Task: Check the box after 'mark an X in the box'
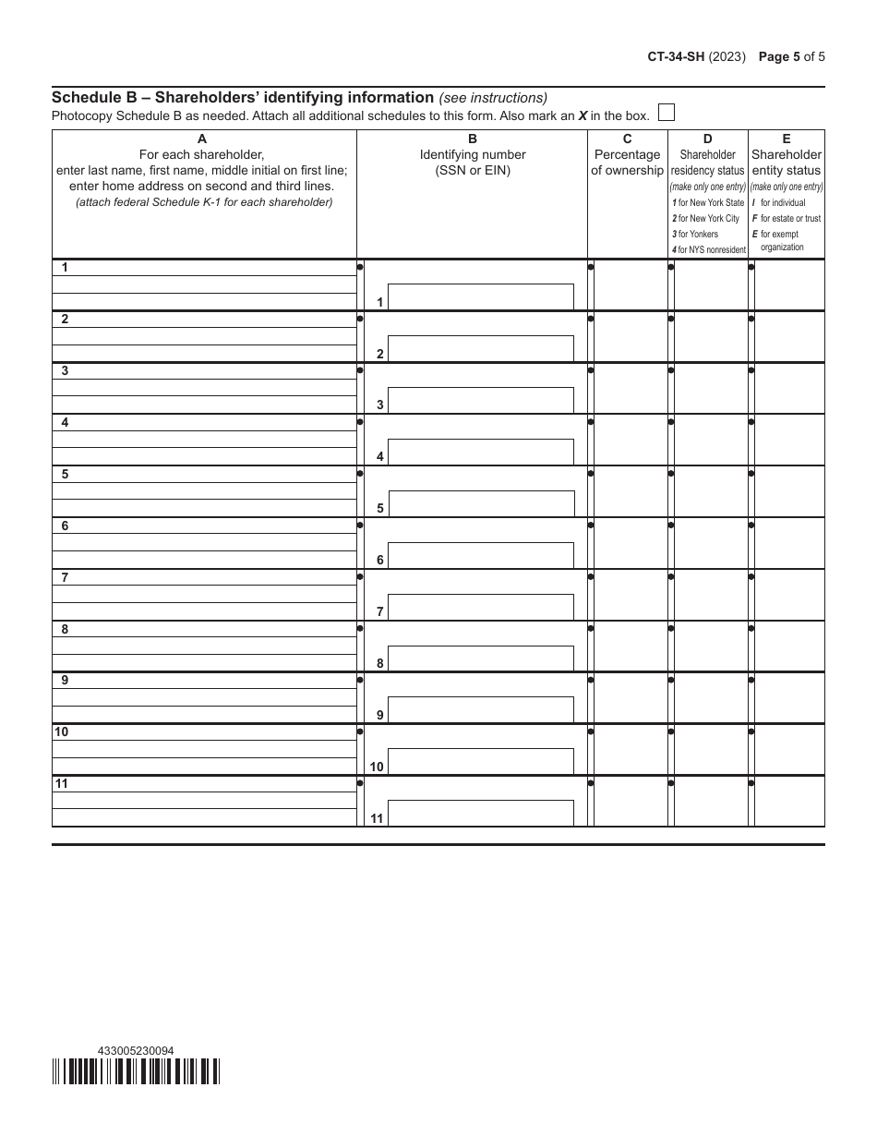point(666,113)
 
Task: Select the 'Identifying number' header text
point(473,155)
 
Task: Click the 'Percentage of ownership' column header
point(627,163)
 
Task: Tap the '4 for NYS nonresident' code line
point(708,250)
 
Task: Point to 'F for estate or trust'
point(786,219)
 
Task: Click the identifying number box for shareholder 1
point(481,296)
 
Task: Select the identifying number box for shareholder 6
point(481,555)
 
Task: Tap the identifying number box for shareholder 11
point(481,813)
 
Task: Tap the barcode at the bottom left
point(136,1070)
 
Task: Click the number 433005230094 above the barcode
point(135,1050)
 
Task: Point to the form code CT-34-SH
point(676,56)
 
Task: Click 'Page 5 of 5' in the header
point(791,56)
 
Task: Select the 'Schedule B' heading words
point(99,97)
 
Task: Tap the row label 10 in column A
point(61,732)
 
